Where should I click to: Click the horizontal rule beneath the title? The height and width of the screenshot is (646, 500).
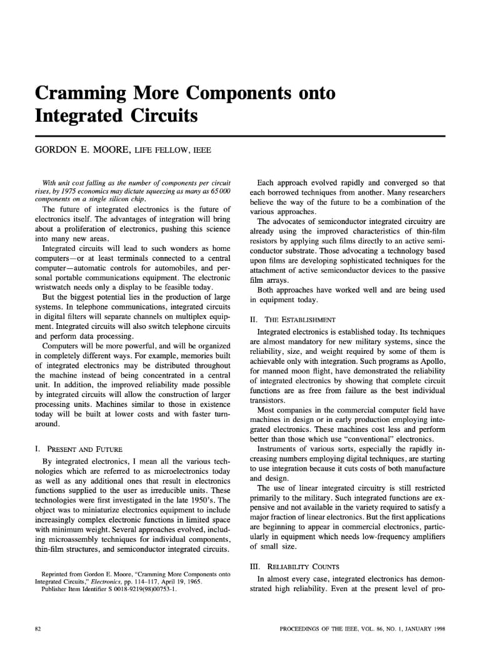click(x=240, y=135)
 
